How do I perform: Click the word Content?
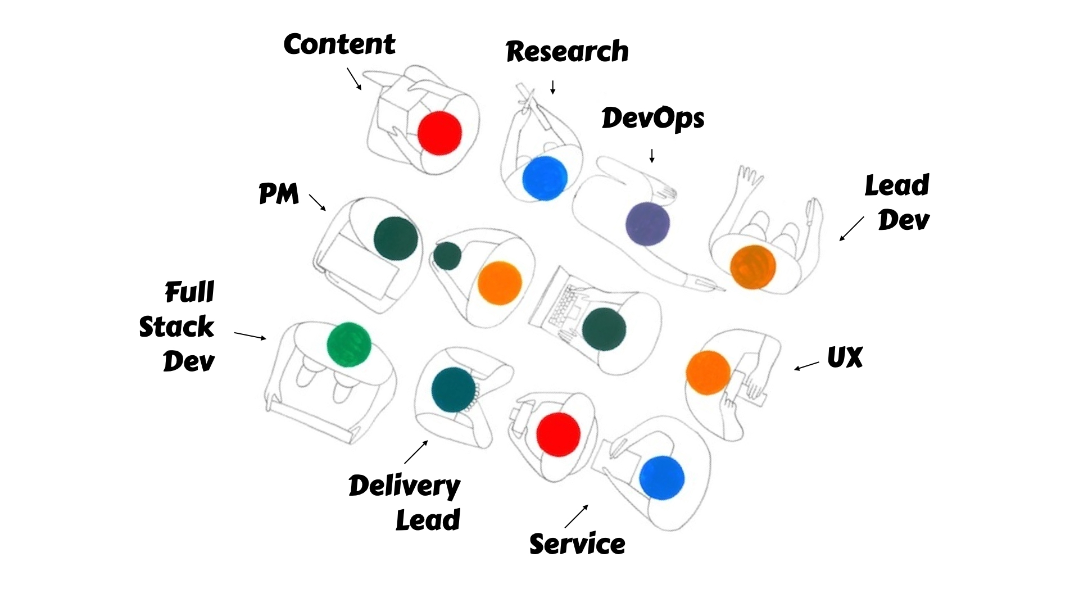tap(339, 44)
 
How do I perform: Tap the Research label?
tap(567, 52)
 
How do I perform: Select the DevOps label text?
tap(652, 119)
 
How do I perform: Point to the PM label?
tap(279, 194)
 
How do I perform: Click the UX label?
tap(845, 357)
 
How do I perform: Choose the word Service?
tap(577, 544)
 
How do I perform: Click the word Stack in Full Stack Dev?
tap(176, 327)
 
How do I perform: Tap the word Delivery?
tap(404, 486)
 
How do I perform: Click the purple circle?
tap(648, 224)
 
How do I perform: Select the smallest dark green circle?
tap(447, 256)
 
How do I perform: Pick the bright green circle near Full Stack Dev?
tap(349, 345)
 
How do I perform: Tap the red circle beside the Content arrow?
tap(440, 133)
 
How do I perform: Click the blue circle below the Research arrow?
tap(545, 178)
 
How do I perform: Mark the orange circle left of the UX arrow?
tap(708, 373)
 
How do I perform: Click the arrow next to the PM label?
tap(318, 203)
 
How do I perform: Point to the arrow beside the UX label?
tap(806, 366)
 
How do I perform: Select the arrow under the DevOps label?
tap(652, 156)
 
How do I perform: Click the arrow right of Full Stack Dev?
tap(250, 336)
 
